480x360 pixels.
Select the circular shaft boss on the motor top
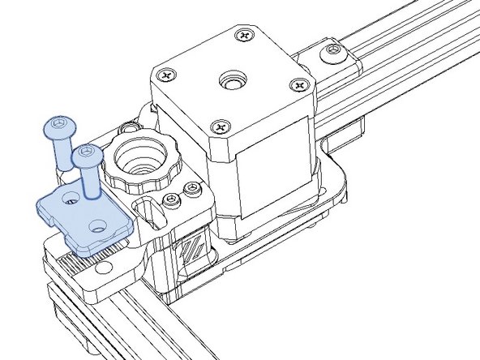point(232,83)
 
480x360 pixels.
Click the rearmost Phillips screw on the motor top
point(244,36)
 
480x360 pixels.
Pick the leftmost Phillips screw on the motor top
point(167,75)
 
